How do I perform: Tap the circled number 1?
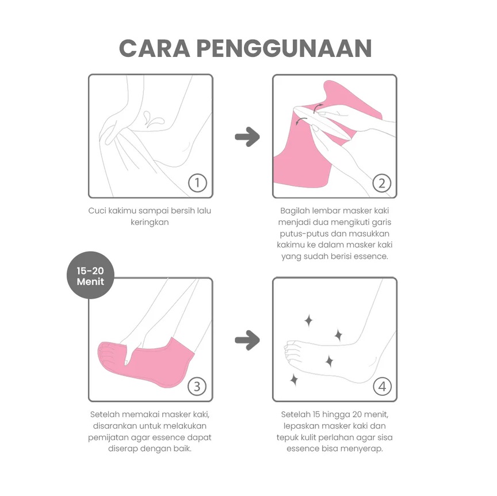pos(197,183)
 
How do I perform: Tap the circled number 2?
pos(381,183)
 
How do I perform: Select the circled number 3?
pos(197,387)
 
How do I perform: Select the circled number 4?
pos(381,387)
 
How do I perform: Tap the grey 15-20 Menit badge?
pos(90,276)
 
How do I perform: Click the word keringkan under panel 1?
pos(150,222)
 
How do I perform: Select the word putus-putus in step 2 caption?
pos(303,233)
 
